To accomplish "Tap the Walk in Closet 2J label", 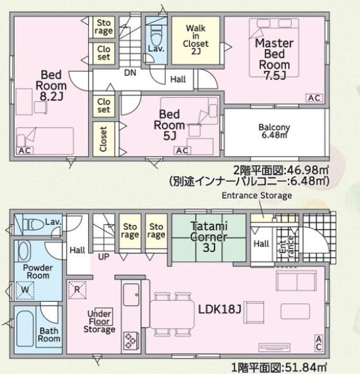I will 195,39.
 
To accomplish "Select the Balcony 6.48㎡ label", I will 274,131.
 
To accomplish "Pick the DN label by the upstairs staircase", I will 129,73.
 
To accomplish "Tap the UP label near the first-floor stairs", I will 102,256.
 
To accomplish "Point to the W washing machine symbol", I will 26,291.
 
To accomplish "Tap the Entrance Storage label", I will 256,195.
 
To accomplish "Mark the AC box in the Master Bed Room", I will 314,98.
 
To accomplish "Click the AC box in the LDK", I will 319,340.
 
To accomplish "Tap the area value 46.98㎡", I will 308,170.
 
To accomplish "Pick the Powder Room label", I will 37,271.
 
